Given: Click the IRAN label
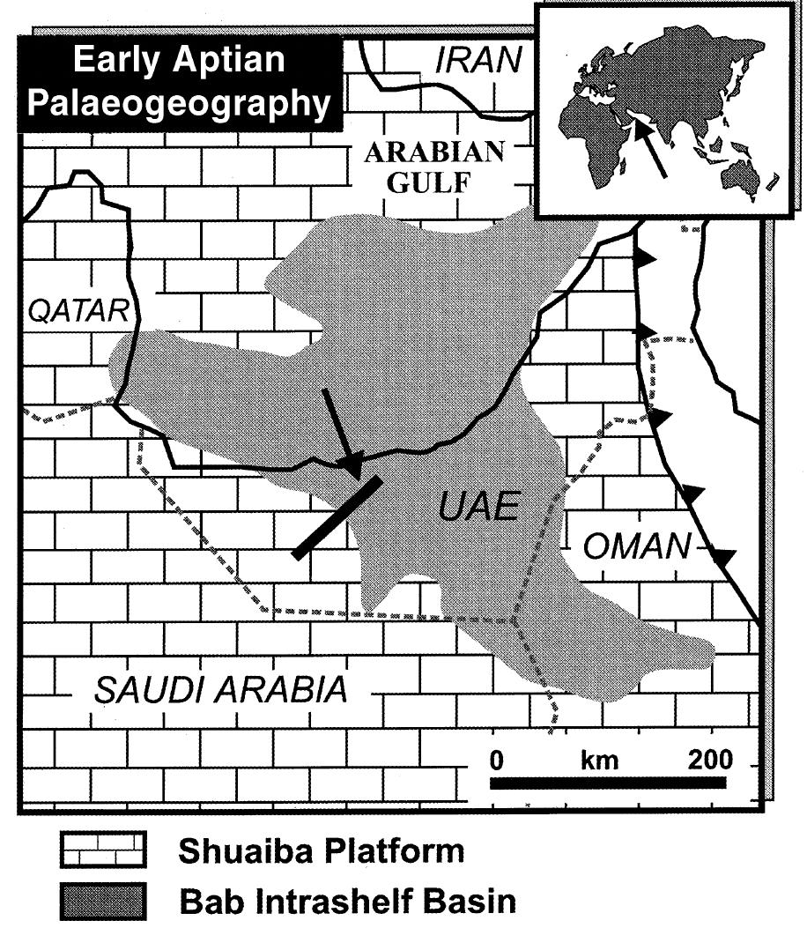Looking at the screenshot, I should pyautogui.click(x=479, y=60).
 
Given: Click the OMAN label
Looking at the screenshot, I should pyautogui.click(x=637, y=546).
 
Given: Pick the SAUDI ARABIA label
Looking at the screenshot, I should pyautogui.click(x=220, y=689).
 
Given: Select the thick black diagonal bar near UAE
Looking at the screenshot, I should pyautogui.click(x=337, y=517).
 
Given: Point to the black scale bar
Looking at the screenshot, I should pyautogui.click(x=607, y=782).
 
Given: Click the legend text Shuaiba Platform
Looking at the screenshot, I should pyautogui.click(x=321, y=852).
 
